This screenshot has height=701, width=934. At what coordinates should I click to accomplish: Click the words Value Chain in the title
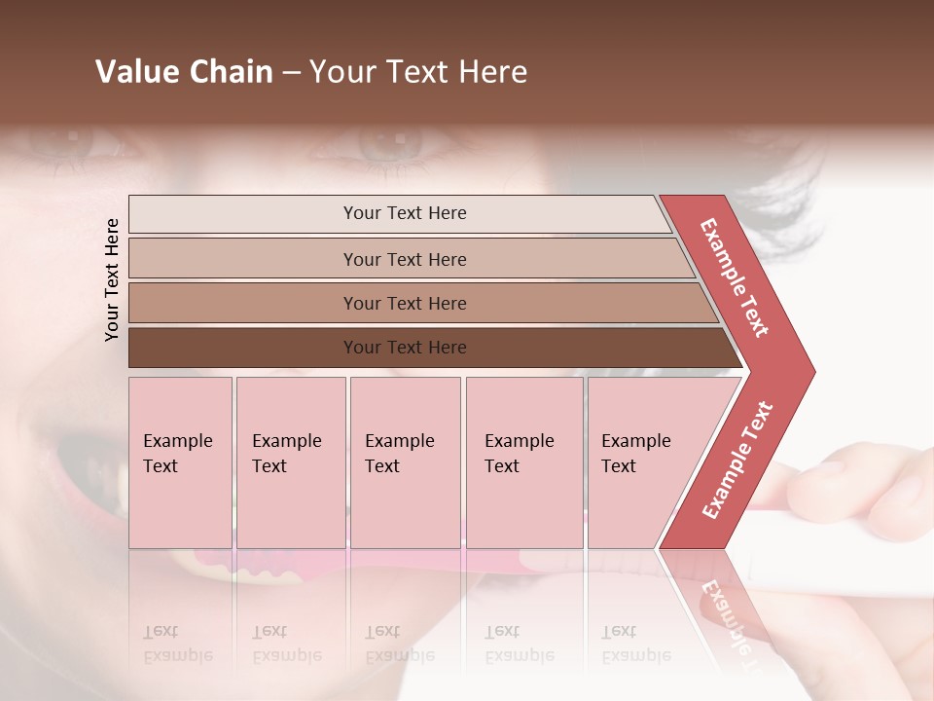[x=184, y=72]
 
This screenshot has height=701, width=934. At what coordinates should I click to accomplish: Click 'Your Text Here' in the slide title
[x=418, y=72]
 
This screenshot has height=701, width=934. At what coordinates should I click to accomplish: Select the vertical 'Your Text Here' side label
[x=112, y=279]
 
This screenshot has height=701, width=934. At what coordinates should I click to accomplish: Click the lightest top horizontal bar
[x=404, y=213]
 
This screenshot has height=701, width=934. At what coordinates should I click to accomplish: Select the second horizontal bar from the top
[x=404, y=259]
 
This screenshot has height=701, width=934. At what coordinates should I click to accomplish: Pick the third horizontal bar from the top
[x=404, y=303]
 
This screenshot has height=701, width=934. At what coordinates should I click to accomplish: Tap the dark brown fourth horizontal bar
[x=404, y=348]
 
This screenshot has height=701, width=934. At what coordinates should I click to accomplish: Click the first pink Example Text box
[x=180, y=462]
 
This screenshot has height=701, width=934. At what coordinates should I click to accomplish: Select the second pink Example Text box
[x=290, y=462]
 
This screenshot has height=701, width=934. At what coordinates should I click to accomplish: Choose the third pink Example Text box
[x=405, y=462]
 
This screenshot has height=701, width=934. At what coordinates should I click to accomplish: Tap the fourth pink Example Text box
[x=523, y=462]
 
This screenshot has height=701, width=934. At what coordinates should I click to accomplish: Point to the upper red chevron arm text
[x=735, y=277]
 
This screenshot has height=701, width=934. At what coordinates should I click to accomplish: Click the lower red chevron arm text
[x=737, y=460]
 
